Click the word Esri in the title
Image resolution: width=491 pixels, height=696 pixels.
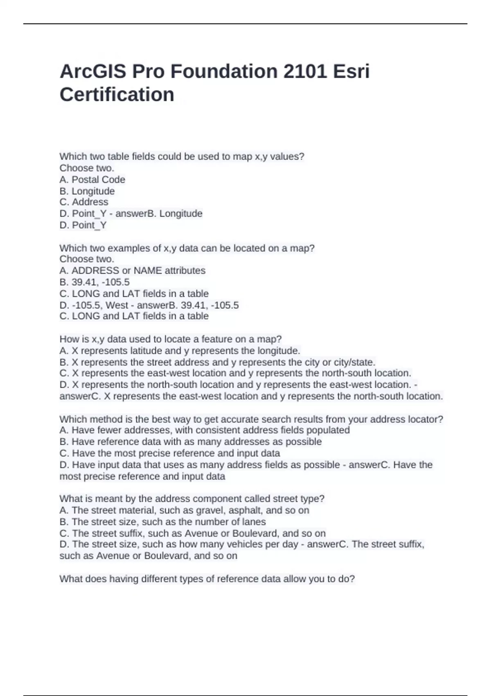pos(351,72)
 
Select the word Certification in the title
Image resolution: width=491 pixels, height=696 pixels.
pos(117,95)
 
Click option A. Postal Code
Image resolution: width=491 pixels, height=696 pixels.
pos(92,179)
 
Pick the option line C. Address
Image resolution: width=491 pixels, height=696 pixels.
pos(84,202)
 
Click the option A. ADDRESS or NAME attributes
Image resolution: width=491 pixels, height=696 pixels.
pos(132,271)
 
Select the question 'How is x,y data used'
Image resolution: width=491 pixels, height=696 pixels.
pos(170,339)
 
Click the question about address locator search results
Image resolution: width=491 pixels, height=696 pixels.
pos(251,419)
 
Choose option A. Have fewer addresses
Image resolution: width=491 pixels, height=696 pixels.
pos(204,430)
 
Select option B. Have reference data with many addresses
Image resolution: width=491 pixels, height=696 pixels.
pos(190,442)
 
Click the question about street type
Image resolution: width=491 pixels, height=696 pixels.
pos(191,499)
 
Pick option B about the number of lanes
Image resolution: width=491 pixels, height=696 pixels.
pos(162,522)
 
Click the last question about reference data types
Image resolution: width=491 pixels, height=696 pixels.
pos(207,579)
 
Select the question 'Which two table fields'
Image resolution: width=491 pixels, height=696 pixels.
pos(182,156)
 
